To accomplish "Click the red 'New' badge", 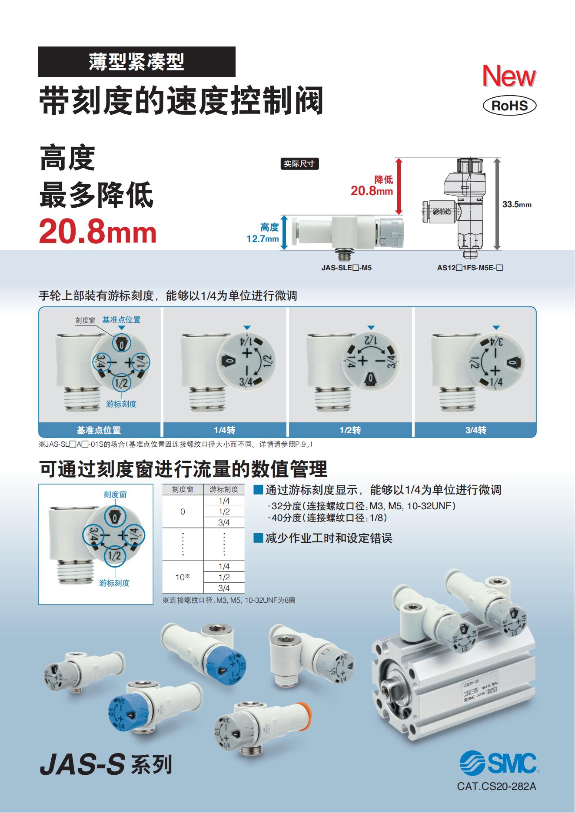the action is pyautogui.click(x=509, y=76).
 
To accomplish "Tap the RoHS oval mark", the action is pyautogui.click(x=509, y=106).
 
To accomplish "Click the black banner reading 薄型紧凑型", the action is pyautogui.click(x=137, y=62).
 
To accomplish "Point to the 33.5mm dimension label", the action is pyautogui.click(x=517, y=204).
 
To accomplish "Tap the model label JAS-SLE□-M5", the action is pyautogui.click(x=346, y=268).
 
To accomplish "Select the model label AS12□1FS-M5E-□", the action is pyautogui.click(x=470, y=268).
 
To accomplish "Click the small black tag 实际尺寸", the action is pyautogui.click(x=299, y=164).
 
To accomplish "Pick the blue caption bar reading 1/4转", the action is pyautogui.click(x=224, y=430).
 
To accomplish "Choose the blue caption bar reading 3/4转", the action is pyautogui.click(x=475, y=430).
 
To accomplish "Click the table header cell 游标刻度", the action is pyautogui.click(x=224, y=489).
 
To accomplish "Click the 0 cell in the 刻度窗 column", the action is pyautogui.click(x=183, y=511).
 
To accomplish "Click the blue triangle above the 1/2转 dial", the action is pyautogui.click(x=370, y=328).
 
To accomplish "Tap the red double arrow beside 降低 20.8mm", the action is pyautogui.click(x=400, y=186).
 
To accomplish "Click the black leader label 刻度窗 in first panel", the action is pyautogui.click(x=85, y=320).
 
